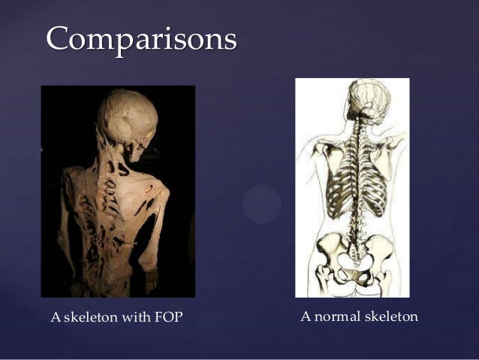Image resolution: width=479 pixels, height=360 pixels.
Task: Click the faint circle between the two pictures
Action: (262, 204)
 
